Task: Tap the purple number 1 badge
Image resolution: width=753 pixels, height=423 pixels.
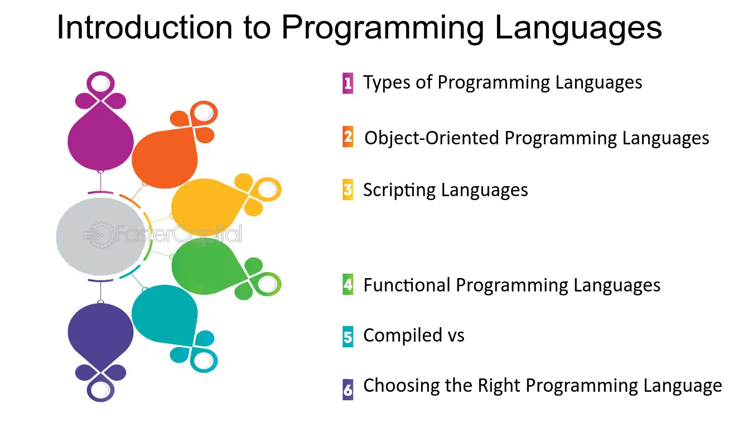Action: [348, 83]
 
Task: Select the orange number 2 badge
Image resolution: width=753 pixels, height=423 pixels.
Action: [348, 137]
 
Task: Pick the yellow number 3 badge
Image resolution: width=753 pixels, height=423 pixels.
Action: [348, 190]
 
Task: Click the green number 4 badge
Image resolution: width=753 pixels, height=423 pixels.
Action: [348, 285]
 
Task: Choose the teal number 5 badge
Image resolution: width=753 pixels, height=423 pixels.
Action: [348, 337]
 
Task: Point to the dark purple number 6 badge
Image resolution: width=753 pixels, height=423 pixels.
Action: [348, 390]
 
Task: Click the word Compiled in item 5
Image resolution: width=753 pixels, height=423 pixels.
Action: [402, 336]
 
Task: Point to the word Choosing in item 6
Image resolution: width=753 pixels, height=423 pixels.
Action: [402, 386]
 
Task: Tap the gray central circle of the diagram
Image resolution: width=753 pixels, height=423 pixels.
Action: [101, 236]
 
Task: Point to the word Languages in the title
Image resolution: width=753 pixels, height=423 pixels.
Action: [578, 29]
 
